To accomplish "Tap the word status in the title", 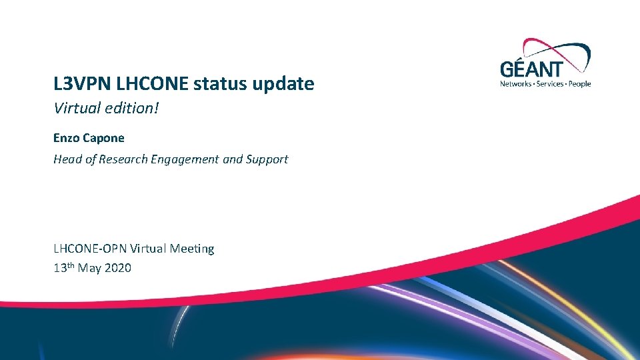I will [211, 84].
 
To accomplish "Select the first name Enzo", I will [65, 138].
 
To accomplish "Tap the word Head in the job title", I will [67, 159].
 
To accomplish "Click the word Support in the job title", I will [267, 159].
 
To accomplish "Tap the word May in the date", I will [89, 269].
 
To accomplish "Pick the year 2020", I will [117, 268].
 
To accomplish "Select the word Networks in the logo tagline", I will [516, 84].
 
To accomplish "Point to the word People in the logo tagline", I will [579, 84].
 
